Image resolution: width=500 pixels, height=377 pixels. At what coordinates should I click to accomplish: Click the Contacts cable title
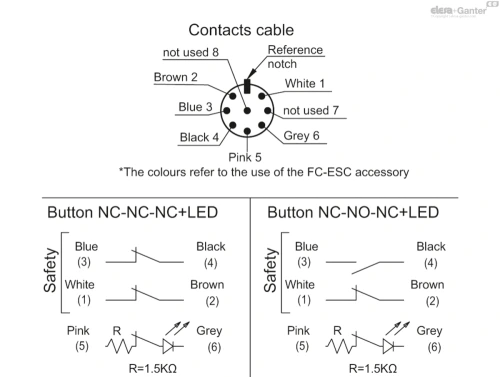[x=241, y=30]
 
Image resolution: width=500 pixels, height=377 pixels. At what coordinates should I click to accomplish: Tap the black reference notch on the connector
[x=247, y=86]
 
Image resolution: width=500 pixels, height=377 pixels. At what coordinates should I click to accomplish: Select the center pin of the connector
[x=247, y=111]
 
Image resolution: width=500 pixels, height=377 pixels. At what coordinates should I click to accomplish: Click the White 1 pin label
[x=305, y=83]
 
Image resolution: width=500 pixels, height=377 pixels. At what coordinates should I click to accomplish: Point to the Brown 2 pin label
[x=176, y=77]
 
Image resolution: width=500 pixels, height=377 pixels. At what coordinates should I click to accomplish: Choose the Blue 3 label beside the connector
[x=195, y=107]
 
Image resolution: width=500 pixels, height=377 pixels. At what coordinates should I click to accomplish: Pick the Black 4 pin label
[x=199, y=137]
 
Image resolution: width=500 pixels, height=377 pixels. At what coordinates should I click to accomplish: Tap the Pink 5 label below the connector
[x=245, y=157]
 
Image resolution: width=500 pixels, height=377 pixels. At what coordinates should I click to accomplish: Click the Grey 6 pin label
[x=301, y=136]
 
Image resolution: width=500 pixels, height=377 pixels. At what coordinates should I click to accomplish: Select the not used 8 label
[x=191, y=52]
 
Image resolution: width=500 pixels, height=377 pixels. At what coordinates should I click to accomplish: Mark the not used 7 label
[x=311, y=110]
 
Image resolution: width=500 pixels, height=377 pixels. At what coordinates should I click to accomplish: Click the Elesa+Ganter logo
[x=459, y=11]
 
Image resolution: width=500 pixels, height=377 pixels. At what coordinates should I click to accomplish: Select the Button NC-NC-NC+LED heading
[x=133, y=212]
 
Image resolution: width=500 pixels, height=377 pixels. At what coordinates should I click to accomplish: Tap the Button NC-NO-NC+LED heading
[x=353, y=212]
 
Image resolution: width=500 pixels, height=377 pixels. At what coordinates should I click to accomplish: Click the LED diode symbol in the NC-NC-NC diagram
[x=168, y=346]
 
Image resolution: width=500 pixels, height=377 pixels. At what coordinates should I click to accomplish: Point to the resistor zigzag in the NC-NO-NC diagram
[x=339, y=346]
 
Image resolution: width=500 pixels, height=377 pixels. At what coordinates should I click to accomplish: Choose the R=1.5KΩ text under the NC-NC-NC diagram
[x=153, y=369]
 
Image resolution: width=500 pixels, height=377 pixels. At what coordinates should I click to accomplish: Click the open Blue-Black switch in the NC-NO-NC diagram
[x=365, y=267]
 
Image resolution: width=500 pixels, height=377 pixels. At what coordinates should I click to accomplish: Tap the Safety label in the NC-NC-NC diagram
[x=50, y=270]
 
